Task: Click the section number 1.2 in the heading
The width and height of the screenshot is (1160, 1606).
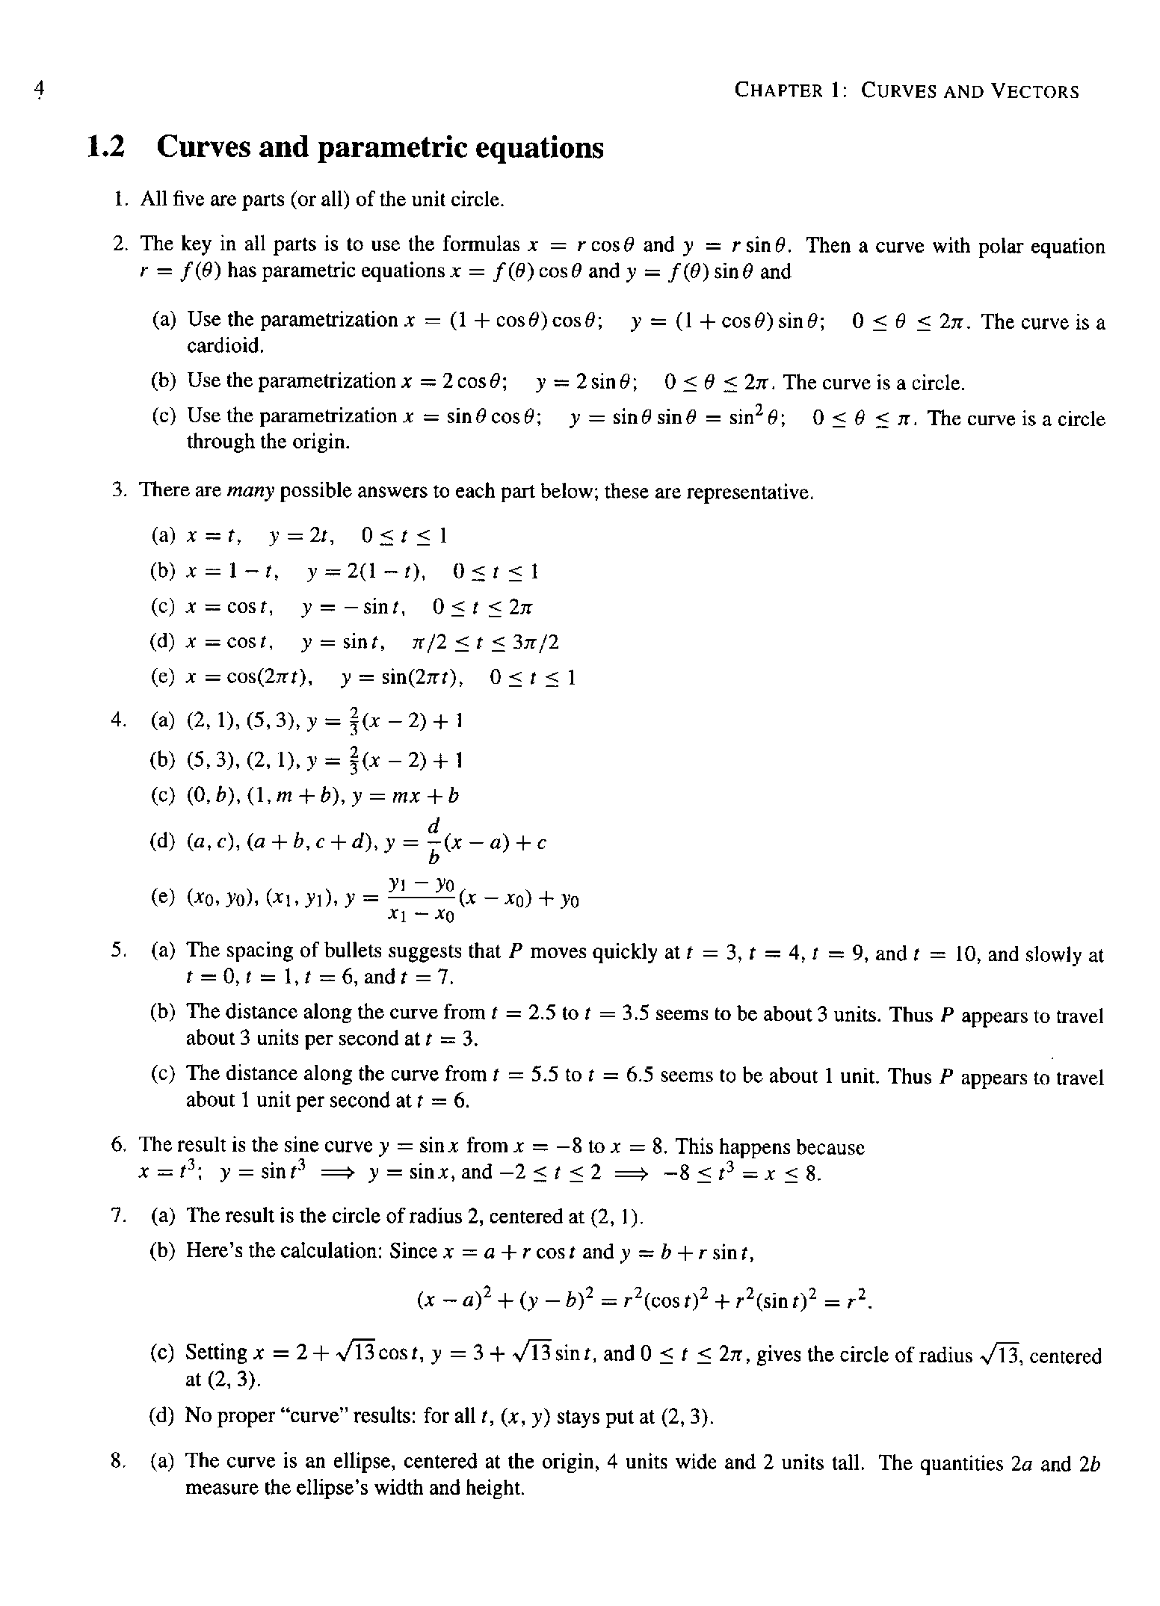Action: click(x=105, y=147)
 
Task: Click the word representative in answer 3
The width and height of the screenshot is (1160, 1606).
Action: click(x=748, y=492)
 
